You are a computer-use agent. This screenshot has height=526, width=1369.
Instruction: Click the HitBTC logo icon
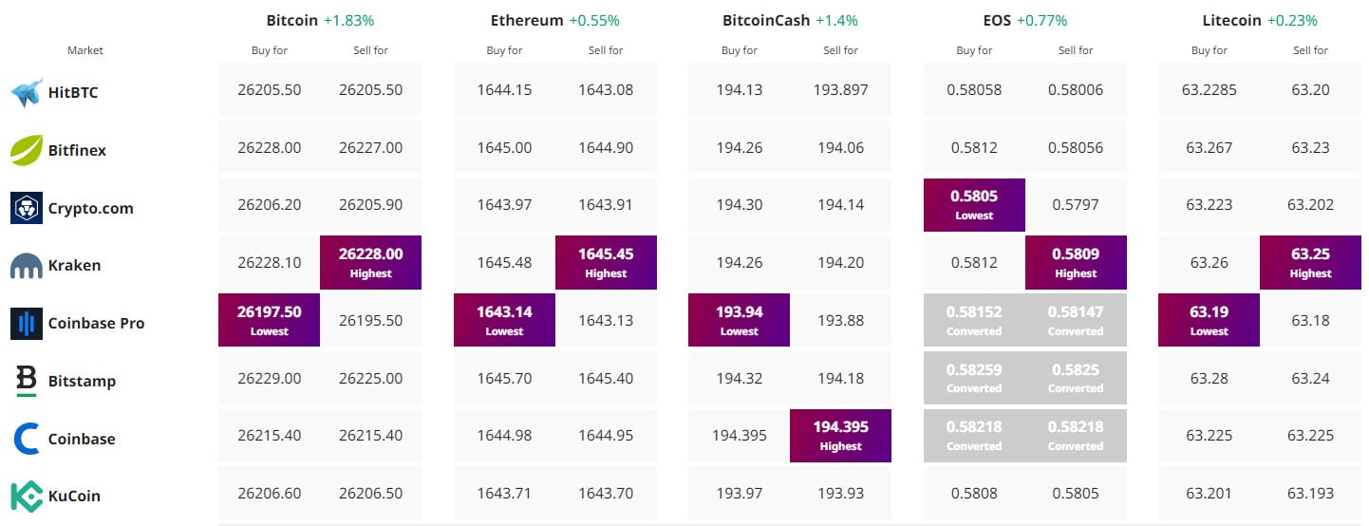(28, 92)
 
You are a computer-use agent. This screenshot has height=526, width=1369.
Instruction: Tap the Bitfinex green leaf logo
(27, 150)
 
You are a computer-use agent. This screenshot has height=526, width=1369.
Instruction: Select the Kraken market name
(74, 266)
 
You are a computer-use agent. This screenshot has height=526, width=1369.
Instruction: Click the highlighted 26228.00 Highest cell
(370, 262)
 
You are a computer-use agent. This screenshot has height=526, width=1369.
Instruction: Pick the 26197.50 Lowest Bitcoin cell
(269, 320)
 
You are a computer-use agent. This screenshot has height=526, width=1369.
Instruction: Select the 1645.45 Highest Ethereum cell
(606, 262)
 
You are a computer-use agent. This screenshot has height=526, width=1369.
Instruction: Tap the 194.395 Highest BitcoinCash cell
(840, 435)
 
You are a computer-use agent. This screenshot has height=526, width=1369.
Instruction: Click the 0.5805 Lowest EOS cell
(974, 204)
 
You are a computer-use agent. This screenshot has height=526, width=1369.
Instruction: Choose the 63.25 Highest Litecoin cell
(1310, 262)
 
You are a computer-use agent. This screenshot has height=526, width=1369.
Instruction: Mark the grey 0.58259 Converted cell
(974, 377)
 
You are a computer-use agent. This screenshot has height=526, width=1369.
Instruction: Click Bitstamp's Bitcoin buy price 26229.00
(269, 378)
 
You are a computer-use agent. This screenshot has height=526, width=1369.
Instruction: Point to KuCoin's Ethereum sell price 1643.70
(606, 494)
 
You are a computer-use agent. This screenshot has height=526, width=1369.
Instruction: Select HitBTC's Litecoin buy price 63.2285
(1209, 90)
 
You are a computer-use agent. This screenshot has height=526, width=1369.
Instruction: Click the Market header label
(85, 50)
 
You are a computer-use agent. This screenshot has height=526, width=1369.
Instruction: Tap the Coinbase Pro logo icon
(27, 323)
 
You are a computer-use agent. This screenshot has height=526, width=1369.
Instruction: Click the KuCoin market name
(74, 497)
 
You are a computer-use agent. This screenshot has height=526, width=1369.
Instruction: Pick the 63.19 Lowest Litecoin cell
(1209, 320)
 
